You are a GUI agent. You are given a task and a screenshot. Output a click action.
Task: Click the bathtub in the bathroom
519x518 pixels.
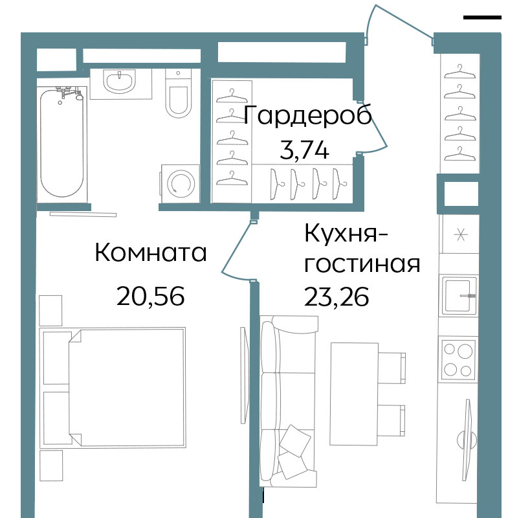point(62,143)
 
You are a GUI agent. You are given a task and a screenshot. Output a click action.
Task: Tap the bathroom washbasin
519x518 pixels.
point(119,82)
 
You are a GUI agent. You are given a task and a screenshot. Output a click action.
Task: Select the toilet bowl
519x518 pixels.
point(179,94)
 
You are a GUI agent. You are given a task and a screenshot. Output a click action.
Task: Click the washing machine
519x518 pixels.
point(181,183)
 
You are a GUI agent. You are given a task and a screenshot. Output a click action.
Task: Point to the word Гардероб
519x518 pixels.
point(308,115)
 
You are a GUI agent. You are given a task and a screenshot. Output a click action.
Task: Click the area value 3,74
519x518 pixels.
point(305,150)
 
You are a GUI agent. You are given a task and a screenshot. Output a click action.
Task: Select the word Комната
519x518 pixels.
point(151,253)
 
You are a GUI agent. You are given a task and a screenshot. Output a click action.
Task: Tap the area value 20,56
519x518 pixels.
point(151,296)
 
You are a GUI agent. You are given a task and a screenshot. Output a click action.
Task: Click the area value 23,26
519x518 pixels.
point(337,297)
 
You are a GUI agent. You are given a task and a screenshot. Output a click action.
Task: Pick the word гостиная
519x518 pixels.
point(362,264)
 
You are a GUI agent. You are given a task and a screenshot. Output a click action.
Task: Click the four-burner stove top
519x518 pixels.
point(458,359)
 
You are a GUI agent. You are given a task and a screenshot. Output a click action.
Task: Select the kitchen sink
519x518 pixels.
point(458,296)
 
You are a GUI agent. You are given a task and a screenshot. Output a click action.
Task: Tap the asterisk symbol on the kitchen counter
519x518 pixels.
point(460,235)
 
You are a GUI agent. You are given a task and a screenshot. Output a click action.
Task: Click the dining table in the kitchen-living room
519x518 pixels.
point(355,394)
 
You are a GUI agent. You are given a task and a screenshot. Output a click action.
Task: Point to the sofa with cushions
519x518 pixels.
point(288,401)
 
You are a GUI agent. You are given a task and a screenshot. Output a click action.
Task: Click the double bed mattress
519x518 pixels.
point(127,387)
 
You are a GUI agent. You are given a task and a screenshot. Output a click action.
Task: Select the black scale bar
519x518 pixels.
point(482,17)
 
